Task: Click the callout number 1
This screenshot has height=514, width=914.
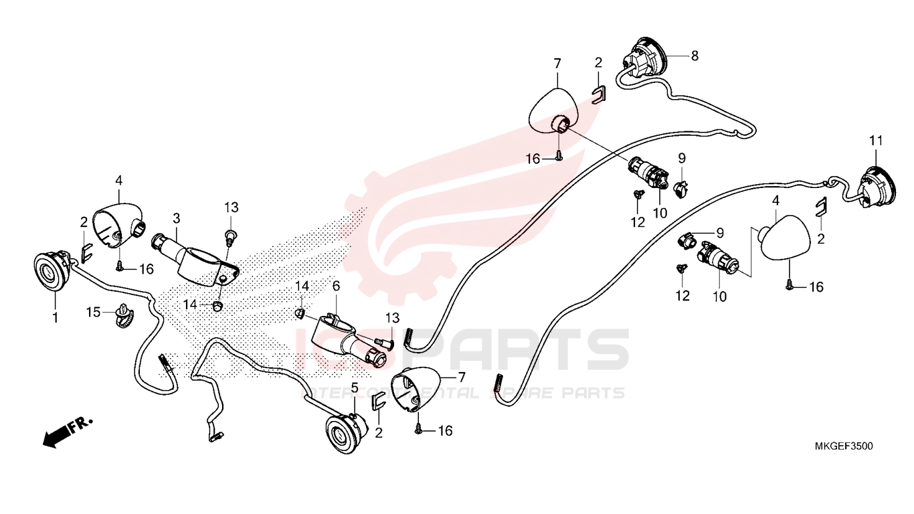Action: tap(55, 317)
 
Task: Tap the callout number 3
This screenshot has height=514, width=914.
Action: tap(176, 218)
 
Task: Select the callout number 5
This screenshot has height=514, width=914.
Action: tap(354, 388)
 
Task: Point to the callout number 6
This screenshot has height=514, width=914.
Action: tap(336, 286)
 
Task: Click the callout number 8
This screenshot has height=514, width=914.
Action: tap(695, 56)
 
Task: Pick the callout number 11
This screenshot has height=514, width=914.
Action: tap(876, 141)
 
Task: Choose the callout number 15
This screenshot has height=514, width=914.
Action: tap(93, 313)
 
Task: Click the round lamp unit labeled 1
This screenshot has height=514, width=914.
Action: tap(53, 271)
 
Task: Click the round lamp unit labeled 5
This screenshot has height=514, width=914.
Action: tap(346, 434)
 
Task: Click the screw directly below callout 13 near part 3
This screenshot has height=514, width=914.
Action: tap(232, 237)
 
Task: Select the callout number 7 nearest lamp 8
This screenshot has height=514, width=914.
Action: tap(557, 64)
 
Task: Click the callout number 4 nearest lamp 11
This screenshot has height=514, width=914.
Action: tap(775, 201)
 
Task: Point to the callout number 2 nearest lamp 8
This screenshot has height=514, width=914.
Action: tap(598, 62)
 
